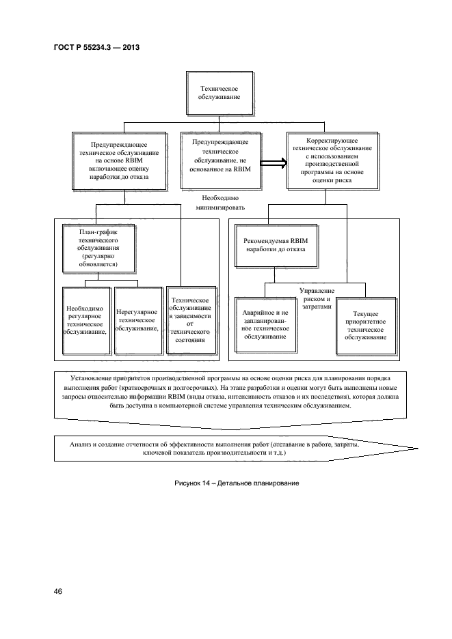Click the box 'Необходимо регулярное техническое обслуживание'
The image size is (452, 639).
(85, 319)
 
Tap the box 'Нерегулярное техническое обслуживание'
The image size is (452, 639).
(137, 319)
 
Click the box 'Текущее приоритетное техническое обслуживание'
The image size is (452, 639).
(366, 325)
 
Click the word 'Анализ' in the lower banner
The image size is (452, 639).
(83, 444)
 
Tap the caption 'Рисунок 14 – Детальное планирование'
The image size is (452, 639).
(228, 484)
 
